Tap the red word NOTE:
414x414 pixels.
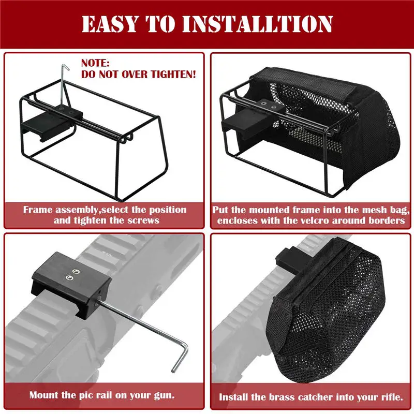(x=95, y=64)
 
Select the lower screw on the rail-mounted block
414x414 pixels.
(x=68, y=278)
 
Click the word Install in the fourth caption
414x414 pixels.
(x=236, y=397)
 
